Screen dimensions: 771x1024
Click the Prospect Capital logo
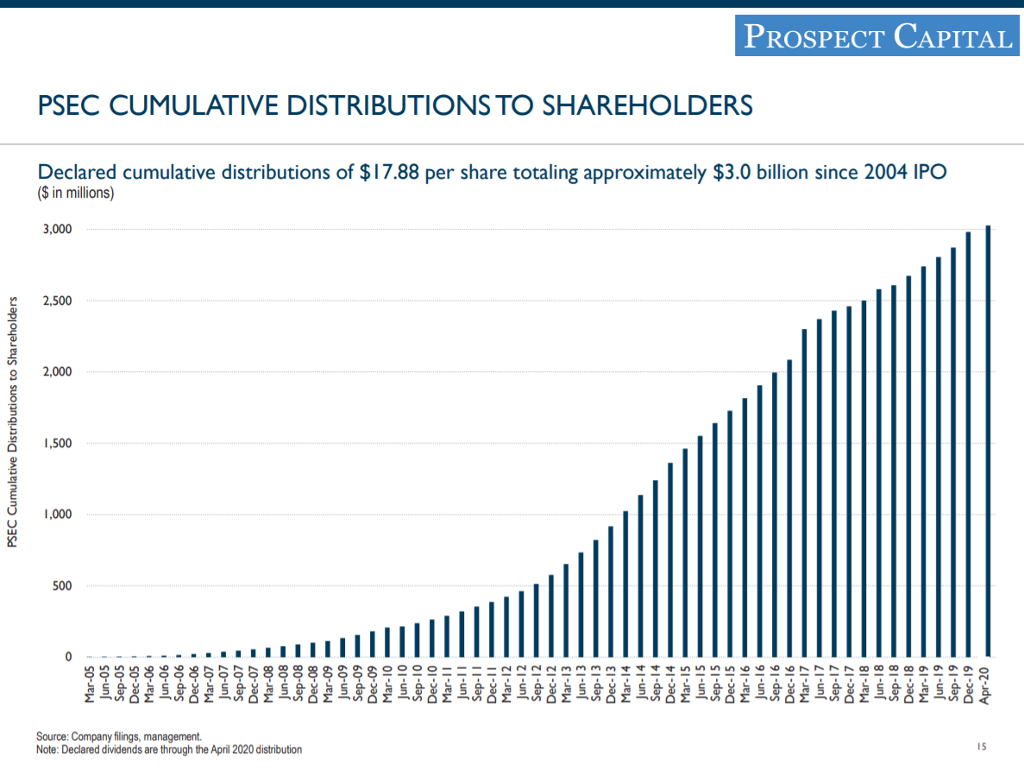point(876,36)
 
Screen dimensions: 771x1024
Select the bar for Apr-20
point(988,441)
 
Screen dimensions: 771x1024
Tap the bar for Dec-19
point(969,445)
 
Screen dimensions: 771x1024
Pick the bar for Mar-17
point(804,493)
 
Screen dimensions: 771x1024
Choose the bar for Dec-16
point(789,509)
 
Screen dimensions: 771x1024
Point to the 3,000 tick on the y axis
point(58,230)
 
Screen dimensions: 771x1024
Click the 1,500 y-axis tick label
point(58,444)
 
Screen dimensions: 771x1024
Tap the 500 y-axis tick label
point(62,586)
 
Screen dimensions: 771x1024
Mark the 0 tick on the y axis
point(68,658)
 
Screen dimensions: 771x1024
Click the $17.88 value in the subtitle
point(389,172)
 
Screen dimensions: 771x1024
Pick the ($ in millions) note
point(76,193)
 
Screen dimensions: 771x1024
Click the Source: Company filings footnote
point(119,736)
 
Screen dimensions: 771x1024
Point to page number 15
point(982,746)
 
